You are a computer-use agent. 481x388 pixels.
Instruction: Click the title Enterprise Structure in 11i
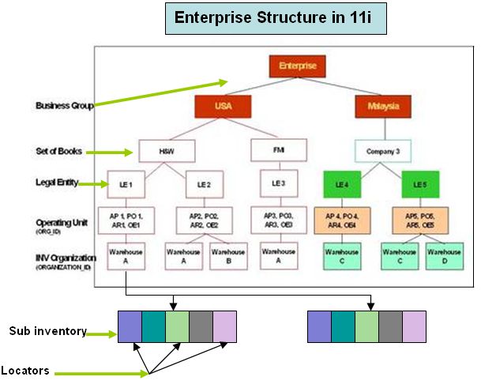coord(276,17)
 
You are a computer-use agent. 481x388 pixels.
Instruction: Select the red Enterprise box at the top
coord(297,66)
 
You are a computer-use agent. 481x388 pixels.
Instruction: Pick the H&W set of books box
coord(167,150)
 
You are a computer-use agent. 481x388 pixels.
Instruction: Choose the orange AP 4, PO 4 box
coord(342,220)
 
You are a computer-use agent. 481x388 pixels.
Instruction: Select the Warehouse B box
coord(227,257)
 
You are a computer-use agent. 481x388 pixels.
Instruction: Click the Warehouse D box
coord(444,257)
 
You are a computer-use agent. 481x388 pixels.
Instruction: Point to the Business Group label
coord(66,105)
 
